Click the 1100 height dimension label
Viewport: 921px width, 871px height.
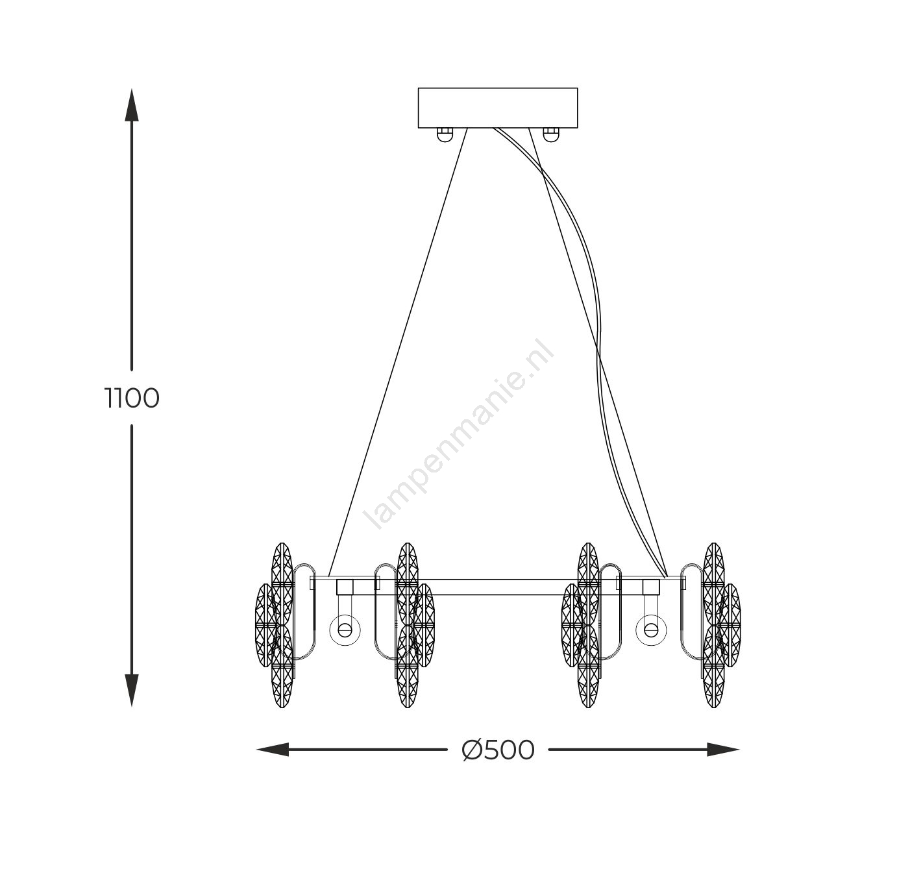pyautogui.click(x=132, y=399)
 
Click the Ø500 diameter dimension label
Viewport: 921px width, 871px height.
pyautogui.click(x=498, y=750)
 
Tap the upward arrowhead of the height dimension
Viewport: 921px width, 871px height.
pyautogui.click(x=132, y=104)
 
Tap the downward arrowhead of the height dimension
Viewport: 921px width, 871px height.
pyautogui.click(x=132, y=690)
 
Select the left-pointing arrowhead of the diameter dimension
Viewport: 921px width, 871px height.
pyautogui.click(x=273, y=750)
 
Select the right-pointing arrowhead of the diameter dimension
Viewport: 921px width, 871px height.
pyautogui.click(x=723, y=750)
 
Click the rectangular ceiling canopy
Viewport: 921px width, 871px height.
pyautogui.click(x=498, y=108)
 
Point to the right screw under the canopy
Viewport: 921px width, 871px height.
pyautogui.click(x=551, y=134)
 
